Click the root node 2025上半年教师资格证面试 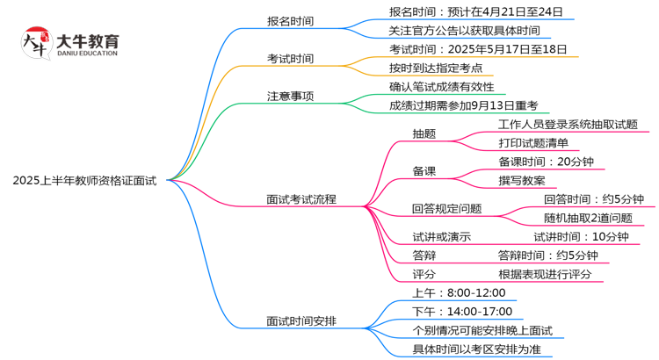tap(84, 181)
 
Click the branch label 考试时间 tap(290, 59)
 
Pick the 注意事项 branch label tap(290, 96)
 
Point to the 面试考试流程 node tap(301, 199)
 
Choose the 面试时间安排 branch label tap(301, 320)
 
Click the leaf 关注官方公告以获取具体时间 tap(464, 31)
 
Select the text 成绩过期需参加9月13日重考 tap(463, 105)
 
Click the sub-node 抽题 tap(424, 134)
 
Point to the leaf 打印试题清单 tap(533, 143)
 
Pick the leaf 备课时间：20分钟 tap(546, 162)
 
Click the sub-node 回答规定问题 tap(446, 209)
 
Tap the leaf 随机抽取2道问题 tap(587, 218)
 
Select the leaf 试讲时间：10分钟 tap(581, 236)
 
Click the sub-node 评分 tap(424, 274)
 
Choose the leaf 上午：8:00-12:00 tap(459, 292)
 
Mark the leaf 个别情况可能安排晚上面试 tap(482, 330)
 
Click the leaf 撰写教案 tap(521, 180)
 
